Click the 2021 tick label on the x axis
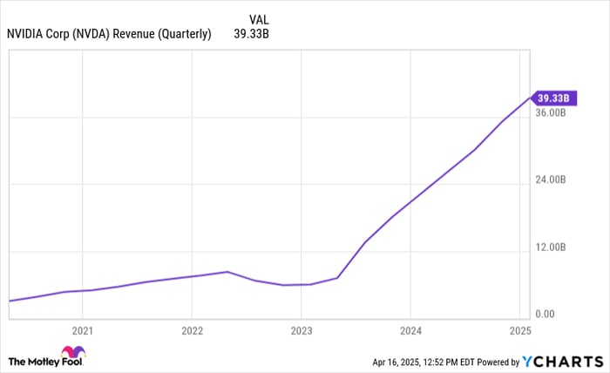pyautogui.click(x=82, y=331)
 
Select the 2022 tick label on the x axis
pyautogui.click(x=192, y=331)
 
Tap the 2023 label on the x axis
pyautogui.click(x=301, y=331)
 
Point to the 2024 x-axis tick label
pyautogui.click(x=410, y=331)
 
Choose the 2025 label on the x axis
pyautogui.click(x=519, y=331)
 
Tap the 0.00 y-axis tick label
pyautogui.click(x=545, y=315)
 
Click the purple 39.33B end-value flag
pyautogui.click(x=553, y=98)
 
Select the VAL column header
pyautogui.click(x=259, y=18)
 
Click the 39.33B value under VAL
pyautogui.click(x=252, y=35)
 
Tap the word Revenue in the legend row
pyautogui.click(x=155, y=35)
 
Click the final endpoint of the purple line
pyautogui.click(x=531, y=97)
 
